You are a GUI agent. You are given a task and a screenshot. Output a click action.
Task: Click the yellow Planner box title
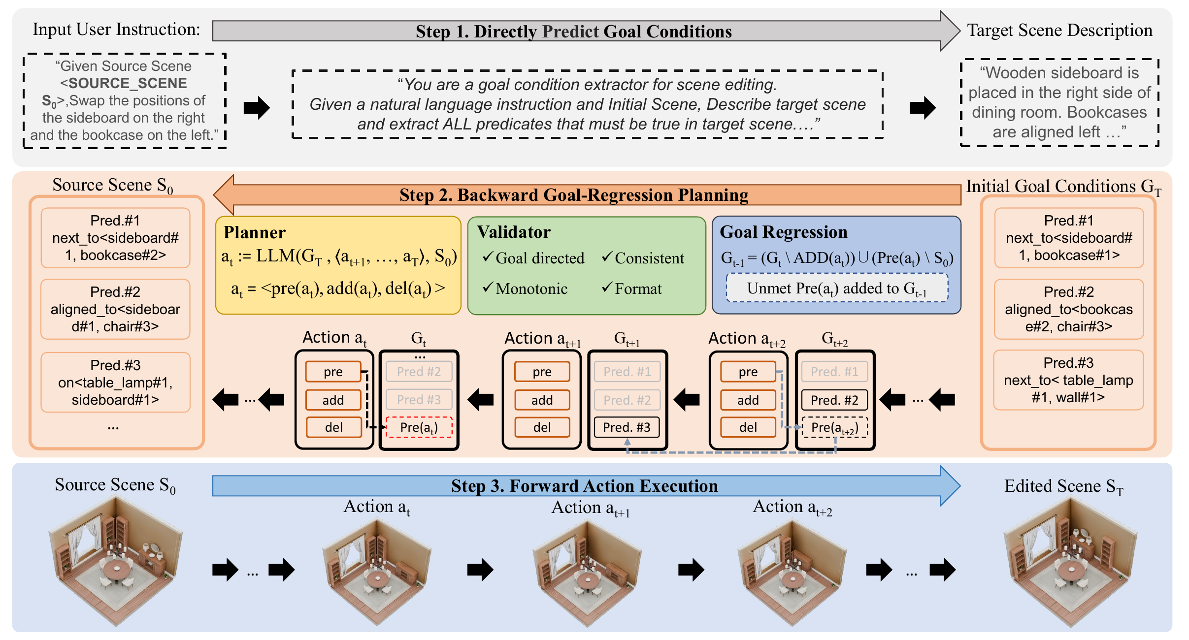(254, 232)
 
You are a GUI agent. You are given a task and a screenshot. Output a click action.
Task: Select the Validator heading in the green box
(513, 232)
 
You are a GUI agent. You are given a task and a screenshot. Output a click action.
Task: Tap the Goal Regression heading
(783, 232)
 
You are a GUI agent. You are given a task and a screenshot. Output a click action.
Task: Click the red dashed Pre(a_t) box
(419, 427)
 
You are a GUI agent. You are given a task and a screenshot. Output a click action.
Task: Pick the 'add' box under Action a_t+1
(542, 400)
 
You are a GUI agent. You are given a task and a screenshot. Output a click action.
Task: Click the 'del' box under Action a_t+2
(748, 427)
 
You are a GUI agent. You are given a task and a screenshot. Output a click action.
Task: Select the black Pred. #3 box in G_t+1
(627, 427)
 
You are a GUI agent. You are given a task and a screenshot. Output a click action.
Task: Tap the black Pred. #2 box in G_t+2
(834, 400)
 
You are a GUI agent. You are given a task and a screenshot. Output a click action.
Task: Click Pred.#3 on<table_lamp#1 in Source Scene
(115, 383)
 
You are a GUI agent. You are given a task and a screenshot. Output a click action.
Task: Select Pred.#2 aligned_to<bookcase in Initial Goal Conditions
(1068, 309)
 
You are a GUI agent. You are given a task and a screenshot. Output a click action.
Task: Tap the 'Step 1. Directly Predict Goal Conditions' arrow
(574, 32)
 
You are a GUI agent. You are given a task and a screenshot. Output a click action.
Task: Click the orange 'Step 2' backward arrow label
(574, 195)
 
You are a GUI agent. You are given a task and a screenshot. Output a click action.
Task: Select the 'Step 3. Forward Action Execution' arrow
(584, 486)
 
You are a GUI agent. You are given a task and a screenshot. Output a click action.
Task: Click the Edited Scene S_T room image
(1070, 561)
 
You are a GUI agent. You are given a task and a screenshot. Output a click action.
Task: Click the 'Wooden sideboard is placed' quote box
(1059, 102)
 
